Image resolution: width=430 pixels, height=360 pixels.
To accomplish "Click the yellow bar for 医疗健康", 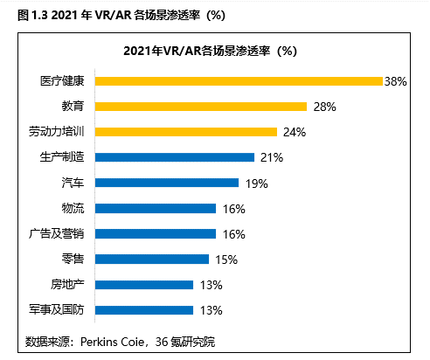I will tap(239, 81).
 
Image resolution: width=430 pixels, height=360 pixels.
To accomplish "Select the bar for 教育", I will tap(201, 107).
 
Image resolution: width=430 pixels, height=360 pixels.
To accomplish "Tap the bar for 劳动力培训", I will tap(186, 132).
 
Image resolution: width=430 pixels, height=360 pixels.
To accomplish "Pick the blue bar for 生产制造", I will tap(175, 157).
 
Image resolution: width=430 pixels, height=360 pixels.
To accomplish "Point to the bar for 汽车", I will tap(167, 183).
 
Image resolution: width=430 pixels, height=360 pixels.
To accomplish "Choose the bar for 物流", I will tap(156, 208).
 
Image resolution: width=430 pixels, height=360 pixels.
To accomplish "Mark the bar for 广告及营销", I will tap(156, 233).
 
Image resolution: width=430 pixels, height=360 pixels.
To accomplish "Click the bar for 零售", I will tap(152, 259).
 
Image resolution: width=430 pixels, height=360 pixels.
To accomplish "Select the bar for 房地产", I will tap(144, 284).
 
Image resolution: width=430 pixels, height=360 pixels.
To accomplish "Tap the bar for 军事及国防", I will tap(144, 309).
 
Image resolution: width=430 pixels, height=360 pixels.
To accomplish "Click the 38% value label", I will tap(395, 81).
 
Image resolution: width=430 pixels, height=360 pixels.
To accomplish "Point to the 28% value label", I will tap(323, 107).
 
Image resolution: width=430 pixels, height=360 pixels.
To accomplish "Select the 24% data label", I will tap(293, 132).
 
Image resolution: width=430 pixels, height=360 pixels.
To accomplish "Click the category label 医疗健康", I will tap(62, 81).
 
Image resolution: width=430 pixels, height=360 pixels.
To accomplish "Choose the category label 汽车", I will tap(73, 183).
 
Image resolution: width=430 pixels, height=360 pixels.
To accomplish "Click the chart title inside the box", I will tap(214, 50).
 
